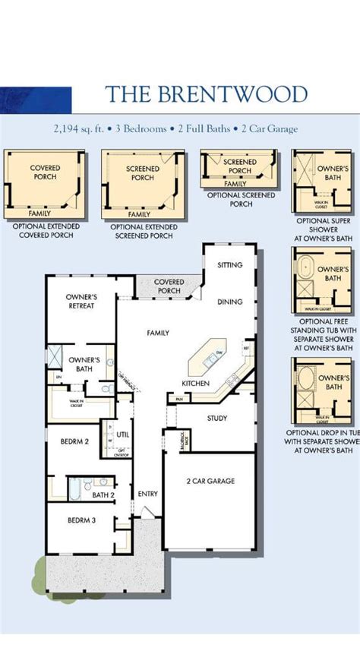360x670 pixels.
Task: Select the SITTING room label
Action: [x=229, y=265]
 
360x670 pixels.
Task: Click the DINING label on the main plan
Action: [x=229, y=302]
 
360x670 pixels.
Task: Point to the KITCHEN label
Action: [x=195, y=384]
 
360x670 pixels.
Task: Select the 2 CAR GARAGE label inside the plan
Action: [x=210, y=481]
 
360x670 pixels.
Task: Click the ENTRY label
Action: [x=147, y=495]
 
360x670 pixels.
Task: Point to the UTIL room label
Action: [x=122, y=435]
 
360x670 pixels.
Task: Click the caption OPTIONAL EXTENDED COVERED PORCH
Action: [x=46, y=231]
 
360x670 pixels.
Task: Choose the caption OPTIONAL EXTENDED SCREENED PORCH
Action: [x=144, y=231]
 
